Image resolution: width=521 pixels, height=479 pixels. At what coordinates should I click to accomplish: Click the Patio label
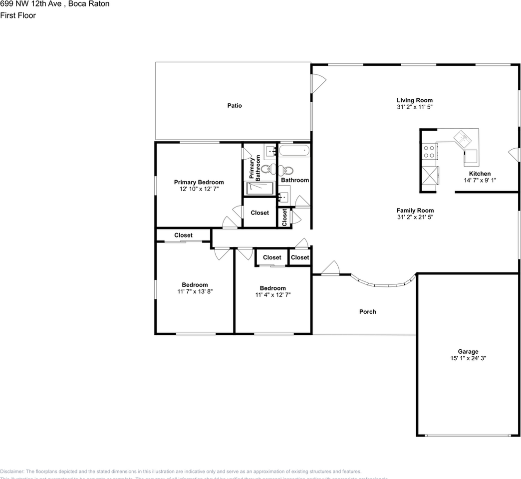(235, 106)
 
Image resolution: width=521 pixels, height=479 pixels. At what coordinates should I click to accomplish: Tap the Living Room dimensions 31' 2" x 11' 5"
(415, 107)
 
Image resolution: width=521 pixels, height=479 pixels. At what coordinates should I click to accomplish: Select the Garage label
(468, 351)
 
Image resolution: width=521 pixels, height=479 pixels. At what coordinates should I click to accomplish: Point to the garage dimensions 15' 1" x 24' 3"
(468, 358)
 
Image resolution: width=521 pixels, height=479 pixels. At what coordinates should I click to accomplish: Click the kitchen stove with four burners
(429, 152)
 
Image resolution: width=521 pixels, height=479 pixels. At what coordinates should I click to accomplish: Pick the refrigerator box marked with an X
(431, 176)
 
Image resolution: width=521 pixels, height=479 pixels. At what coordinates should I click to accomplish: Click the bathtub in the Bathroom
(294, 151)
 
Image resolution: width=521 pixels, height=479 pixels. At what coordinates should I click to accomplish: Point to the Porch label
(368, 312)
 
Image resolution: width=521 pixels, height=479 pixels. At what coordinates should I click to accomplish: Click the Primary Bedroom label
(199, 182)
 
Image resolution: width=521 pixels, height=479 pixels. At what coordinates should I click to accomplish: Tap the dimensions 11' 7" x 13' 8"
(195, 292)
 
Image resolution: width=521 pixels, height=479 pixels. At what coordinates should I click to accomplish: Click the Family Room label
(415, 211)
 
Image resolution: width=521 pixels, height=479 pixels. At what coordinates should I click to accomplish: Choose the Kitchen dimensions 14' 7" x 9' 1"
(479, 181)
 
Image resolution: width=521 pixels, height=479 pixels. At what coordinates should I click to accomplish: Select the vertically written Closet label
(284, 217)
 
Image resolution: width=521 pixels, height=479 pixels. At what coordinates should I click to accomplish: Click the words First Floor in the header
(18, 15)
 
